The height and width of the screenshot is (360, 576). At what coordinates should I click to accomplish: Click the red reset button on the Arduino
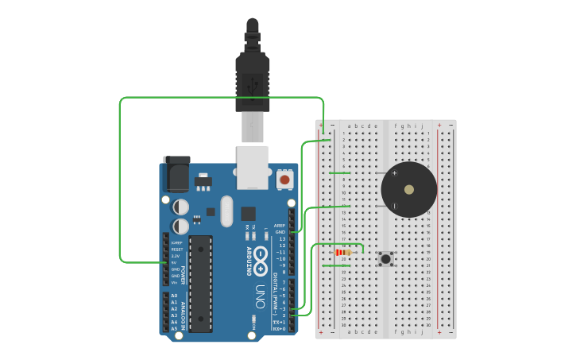284,180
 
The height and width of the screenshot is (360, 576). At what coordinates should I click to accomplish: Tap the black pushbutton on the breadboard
386,258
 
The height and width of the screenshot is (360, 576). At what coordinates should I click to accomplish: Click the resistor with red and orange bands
343,252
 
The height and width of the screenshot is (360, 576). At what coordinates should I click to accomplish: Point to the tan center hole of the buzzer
408,190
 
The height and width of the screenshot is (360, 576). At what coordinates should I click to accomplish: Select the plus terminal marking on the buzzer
395,173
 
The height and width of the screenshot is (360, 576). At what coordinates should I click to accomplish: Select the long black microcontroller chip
200,283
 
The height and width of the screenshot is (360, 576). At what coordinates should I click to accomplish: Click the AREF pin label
279,226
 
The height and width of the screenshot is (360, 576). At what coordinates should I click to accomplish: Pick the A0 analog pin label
174,296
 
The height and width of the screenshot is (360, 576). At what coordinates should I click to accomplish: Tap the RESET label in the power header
176,250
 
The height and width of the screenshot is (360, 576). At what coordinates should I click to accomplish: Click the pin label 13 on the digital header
281,238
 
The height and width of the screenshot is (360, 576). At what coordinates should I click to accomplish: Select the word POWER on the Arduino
183,275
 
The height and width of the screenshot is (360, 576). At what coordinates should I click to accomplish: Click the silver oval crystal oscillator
226,211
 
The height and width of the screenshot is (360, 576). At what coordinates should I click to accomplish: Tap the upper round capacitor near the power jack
181,207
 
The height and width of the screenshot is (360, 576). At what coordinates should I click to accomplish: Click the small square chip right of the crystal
248,213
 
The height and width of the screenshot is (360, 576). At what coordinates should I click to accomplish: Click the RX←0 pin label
279,328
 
